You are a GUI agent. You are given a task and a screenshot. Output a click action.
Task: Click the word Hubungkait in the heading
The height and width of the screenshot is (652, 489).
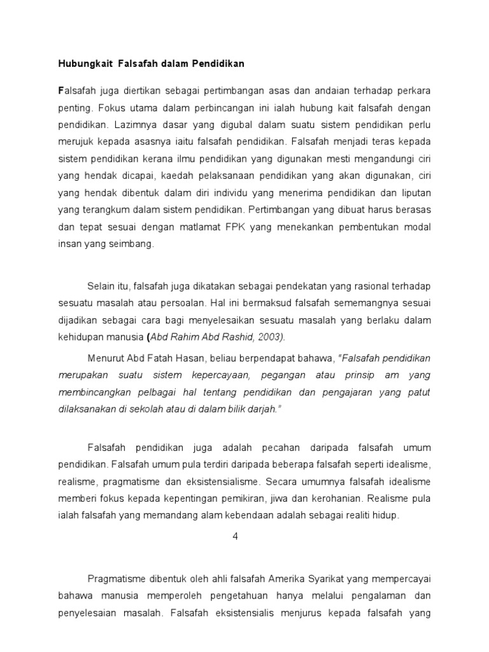point(81,64)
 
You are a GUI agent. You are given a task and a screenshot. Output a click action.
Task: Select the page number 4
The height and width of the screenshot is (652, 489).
point(235,537)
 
